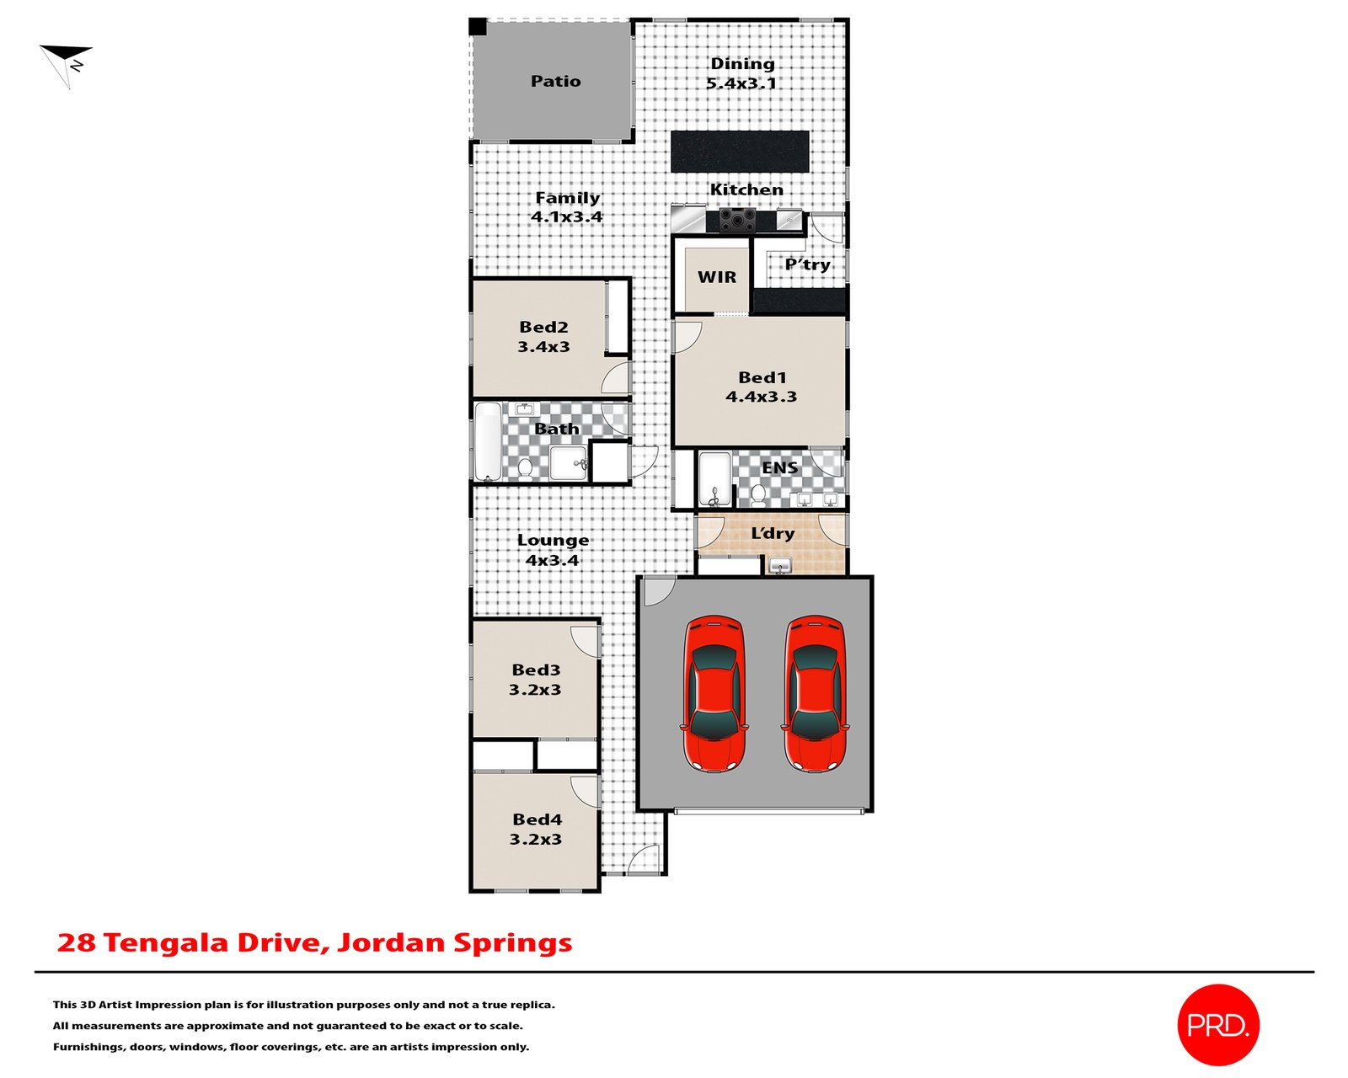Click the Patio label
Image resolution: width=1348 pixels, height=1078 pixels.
pyautogui.click(x=555, y=81)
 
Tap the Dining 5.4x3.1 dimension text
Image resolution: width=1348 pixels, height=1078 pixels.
pyautogui.click(x=741, y=83)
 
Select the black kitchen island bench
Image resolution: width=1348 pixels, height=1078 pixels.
pyautogui.click(x=740, y=152)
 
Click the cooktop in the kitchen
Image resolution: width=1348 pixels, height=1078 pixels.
pyautogui.click(x=737, y=221)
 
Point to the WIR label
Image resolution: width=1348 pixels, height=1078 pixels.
pyautogui.click(x=716, y=277)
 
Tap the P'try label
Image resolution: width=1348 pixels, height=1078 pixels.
pyautogui.click(x=807, y=264)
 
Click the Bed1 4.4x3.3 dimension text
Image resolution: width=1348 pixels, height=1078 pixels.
pyautogui.click(x=761, y=397)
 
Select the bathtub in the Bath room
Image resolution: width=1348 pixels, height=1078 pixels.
pyautogui.click(x=488, y=442)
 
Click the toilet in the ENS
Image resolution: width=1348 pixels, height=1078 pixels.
pyautogui.click(x=758, y=494)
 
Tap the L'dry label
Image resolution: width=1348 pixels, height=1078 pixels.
pyautogui.click(x=773, y=533)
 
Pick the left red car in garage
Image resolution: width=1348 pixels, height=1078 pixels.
pyautogui.click(x=714, y=693)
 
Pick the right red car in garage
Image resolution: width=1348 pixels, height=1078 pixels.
pyautogui.click(x=815, y=693)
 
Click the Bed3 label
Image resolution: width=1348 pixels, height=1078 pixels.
pyautogui.click(x=536, y=670)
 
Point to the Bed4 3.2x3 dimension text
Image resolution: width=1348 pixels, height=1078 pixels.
pyautogui.click(x=535, y=839)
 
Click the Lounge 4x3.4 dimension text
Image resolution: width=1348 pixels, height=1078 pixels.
pyautogui.click(x=552, y=560)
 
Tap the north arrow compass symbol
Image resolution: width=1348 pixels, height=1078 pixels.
pyautogui.click(x=67, y=63)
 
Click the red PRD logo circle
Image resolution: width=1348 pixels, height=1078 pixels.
pyautogui.click(x=1217, y=1024)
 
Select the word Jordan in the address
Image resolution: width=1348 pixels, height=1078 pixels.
pyautogui.click(x=391, y=942)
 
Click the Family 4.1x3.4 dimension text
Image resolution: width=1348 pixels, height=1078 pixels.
pyautogui.click(x=566, y=216)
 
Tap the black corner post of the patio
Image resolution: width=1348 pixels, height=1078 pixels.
pyautogui.click(x=478, y=27)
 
